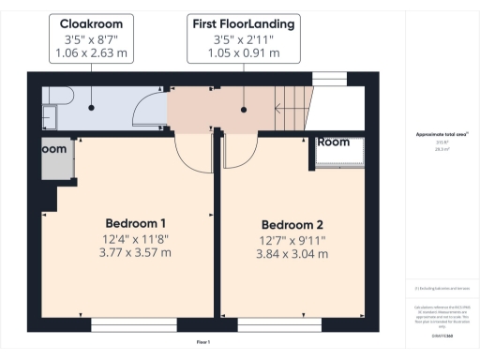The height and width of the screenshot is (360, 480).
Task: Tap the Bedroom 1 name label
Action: [135, 223]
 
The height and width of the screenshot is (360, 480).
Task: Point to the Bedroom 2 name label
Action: [292, 225]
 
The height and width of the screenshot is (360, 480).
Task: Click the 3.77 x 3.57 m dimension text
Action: [135, 252]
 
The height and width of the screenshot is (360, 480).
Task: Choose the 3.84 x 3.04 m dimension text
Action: [292, 254]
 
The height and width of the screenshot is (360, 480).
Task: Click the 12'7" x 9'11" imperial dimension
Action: [292, 240]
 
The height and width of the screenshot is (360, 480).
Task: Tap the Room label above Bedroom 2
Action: [333, 142]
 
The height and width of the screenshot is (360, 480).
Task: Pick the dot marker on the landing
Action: [245, 109]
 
